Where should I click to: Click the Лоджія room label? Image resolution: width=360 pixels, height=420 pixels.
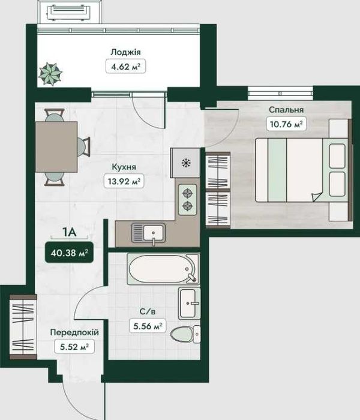(x=125, y=52)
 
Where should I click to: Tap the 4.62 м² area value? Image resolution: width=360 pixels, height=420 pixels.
(x=125, y=66)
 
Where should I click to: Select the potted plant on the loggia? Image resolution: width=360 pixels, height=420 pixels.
(x=50, y=74)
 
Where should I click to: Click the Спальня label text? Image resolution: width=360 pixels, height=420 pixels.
(x=286, y=110)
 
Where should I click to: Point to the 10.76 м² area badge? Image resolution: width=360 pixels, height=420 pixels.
(x=286, y=124)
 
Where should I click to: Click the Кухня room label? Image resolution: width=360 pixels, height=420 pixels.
(x=124, y=167)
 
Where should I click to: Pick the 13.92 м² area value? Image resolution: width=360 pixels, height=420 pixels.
(x=124, y=181)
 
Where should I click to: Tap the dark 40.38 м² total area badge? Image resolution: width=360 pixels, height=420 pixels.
(x=70, y=253)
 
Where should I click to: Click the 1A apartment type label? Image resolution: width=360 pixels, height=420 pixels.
(x=69, y=232)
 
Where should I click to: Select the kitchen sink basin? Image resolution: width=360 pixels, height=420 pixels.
(x=154, y=233)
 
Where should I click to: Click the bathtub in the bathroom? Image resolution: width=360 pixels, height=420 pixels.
(x=163, y=269)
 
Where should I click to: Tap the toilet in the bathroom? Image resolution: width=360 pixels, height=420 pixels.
(x=185, y=334)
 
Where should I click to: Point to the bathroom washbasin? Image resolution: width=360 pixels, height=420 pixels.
(x=190, y=303)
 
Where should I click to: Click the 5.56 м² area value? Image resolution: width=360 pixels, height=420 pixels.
(x=148, y=326)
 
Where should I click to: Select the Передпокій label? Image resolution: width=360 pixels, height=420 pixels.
(x=74, y=332)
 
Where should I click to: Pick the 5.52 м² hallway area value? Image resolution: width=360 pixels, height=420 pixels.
(x=74, y=347)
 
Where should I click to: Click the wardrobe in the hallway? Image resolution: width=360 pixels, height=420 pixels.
(x=23, y=327)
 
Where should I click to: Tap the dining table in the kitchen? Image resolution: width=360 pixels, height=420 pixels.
(x=56, y=147)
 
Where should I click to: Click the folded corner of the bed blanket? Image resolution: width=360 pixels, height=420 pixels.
(x=317, y=197)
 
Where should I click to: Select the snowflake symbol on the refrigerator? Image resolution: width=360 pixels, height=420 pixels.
(x=186, y=163)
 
